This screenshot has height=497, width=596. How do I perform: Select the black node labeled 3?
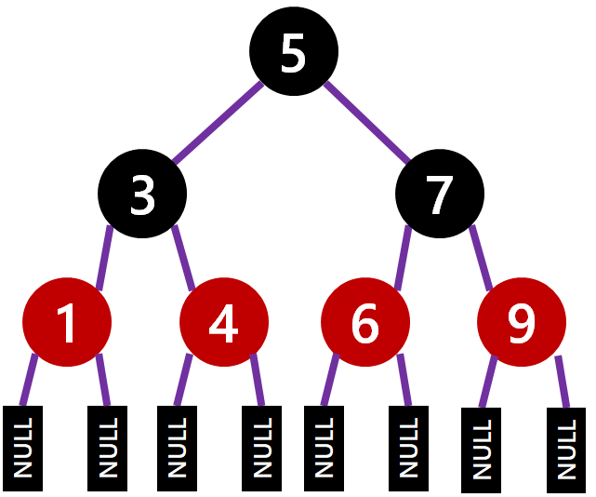(x=142, y=195)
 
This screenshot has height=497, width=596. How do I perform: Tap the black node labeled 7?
(x=438, y=195)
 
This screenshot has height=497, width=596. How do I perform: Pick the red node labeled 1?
(x=67, y=322)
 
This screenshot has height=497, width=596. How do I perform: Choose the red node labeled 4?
(x=223, y=322)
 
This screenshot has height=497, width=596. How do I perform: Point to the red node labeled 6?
(x=365, y=322)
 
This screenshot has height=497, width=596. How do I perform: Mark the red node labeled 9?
(x=521, y=322)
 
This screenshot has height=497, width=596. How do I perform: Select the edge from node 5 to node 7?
(x=367, y=124)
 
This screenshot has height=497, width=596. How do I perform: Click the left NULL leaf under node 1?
(x=23, y=448)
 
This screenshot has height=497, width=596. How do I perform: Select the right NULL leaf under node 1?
(x=107, y=448)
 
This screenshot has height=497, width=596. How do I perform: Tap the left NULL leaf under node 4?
(x=178, y=448)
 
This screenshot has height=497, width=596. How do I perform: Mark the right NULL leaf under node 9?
(x=564, y=450)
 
